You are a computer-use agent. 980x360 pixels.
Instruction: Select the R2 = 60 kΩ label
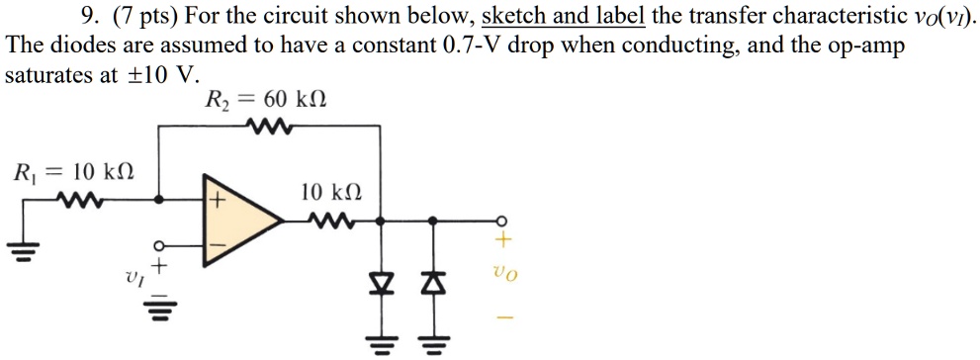pyautogui.click(x=264, y=101)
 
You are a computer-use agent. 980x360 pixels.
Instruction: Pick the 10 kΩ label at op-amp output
pyautogui.click(x=329, y=194)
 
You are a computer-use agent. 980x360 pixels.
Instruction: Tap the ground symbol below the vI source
pyautogui.click(x=158, y=315)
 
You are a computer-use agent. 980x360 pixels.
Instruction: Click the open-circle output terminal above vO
pyautogui.click(x=501, y=221)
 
